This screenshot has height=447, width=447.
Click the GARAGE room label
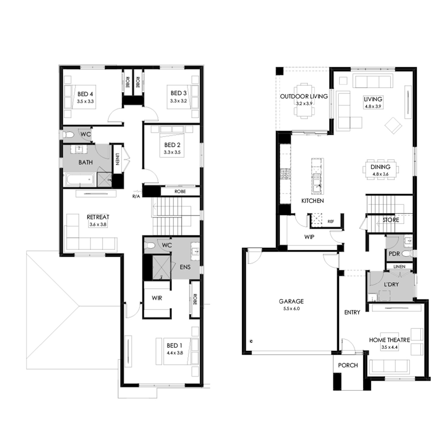[x=291, y=301]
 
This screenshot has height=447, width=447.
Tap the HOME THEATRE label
[x=389, y=340]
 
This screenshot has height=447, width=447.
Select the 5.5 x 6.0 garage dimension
[x=291, y=309]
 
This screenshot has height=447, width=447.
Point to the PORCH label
[x=348, y=365]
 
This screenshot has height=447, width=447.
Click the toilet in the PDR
[x=406, y=254]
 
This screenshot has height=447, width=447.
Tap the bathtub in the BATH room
[x=80, y=180]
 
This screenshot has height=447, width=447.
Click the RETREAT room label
[x=98, y=217]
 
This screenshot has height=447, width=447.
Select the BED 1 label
[x=174, y=345]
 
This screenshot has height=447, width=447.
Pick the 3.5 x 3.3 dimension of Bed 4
[x=85, y=101]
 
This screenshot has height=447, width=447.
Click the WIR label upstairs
[x=157, y=298]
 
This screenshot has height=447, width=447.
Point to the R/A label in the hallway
[x=136, y=196]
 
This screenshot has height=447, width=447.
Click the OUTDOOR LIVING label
[x=304, y=96]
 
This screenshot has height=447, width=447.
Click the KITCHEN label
[x=312, y=201]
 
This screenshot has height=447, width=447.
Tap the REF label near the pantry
[x=330, y=221]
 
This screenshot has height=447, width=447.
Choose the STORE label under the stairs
[x=391, y=220]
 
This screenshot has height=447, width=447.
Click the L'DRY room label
[x=391, y=284]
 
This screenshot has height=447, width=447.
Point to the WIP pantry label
[x=309, y=237]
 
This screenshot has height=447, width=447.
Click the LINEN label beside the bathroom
[x=117, y=159]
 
